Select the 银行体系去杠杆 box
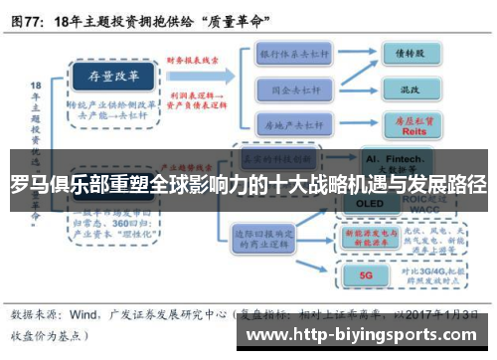pyautogui.click(x=294, y=52)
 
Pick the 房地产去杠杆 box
pyautogui.click(x=294, y=124)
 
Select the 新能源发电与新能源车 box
pyautogui.click(x=370, y=236)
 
